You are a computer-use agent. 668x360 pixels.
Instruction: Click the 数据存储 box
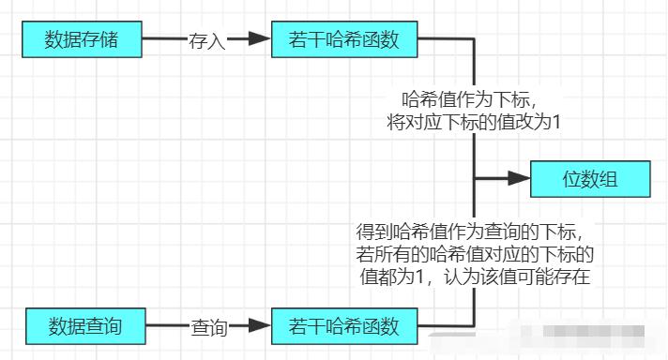click(x=81, y=40)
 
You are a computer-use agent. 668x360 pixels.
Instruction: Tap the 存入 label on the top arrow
click(x=206, y=40)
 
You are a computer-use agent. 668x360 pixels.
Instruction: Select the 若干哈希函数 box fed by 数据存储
click(x=344, y=40)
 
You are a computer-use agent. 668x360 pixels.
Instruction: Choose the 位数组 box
click(x=589, y=178)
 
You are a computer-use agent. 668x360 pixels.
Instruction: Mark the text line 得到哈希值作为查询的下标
click(x=475, y=232)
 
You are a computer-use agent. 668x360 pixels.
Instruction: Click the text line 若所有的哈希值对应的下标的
click(x=474, y=254)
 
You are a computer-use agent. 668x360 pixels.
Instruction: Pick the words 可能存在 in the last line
click(x=569, y=277)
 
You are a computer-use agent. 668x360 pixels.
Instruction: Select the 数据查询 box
click(x=86, y=327)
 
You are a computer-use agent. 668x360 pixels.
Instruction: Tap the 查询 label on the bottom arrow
click(x=209, y=327)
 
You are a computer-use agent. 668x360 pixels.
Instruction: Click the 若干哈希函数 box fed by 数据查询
click(x=344, y=327)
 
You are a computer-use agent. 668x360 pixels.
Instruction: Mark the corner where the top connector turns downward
click(x=475, y=40)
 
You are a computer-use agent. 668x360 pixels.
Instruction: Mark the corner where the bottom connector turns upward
click(x=475, y=327)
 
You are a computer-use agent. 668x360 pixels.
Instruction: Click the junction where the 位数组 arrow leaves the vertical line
click(x=475, y=177)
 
